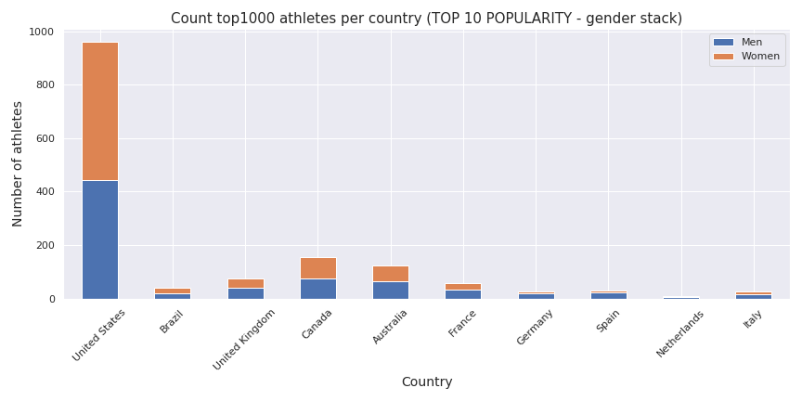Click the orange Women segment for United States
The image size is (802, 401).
(x=100, y=111)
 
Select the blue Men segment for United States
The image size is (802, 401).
(x=100, y=239)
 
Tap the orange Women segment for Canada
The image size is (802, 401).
(x=318, y=268)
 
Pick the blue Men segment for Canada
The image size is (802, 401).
(x=318, y=289)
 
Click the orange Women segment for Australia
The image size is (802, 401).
(x=391, y=274)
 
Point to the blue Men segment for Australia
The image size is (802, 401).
(x=391, y=290)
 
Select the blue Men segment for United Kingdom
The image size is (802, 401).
(x=246, y=293)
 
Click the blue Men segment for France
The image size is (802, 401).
(x=463, y=294)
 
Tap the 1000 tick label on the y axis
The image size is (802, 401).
(x=41, y=32)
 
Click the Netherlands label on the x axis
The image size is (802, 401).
(x=681, y=333)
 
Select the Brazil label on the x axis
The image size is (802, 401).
(x=172, y=322)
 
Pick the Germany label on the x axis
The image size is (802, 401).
(x=536, y=327)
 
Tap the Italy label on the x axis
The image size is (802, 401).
(x=753, y=321)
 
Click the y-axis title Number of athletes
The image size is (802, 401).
(x=18, y=164)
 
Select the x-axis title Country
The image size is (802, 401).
(x=426, y=382)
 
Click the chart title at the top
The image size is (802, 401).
(x=426, y=19)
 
